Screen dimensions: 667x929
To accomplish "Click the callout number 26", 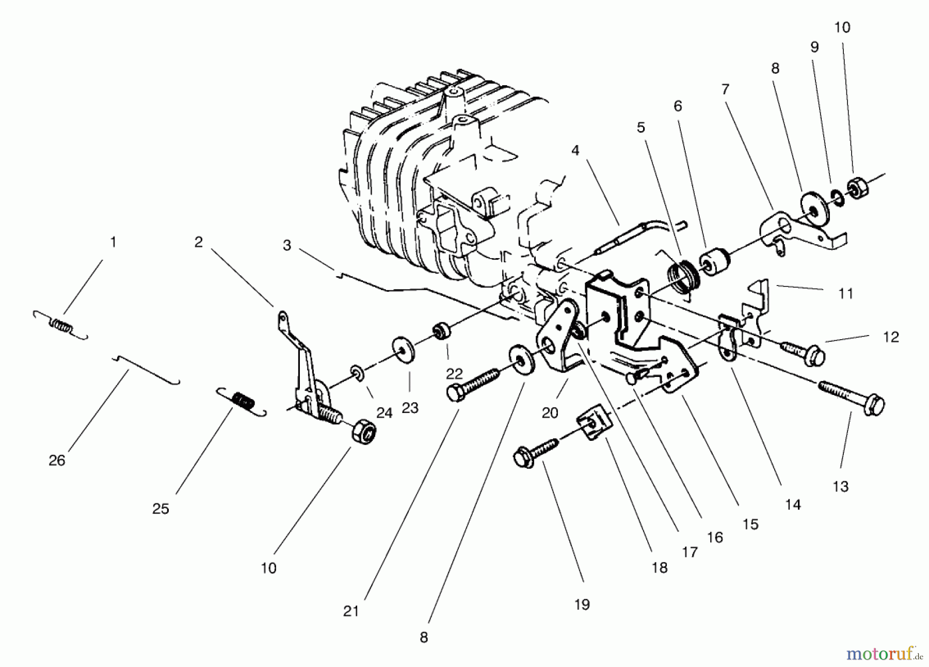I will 57,460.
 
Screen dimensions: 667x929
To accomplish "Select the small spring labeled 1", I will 61,326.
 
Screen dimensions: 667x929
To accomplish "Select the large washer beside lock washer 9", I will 814,209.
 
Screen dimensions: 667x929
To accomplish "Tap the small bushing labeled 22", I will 441,330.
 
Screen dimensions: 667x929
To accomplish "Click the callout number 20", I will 550,412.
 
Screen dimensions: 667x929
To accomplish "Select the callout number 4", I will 575,150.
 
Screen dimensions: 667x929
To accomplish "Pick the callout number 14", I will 792,504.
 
